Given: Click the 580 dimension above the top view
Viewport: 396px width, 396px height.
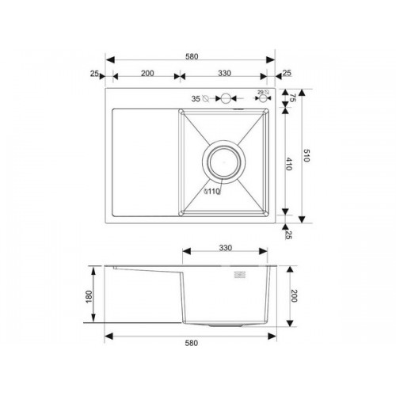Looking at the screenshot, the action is click(x=192, y=56).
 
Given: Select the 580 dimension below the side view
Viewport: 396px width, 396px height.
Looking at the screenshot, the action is click(x=192, y=343).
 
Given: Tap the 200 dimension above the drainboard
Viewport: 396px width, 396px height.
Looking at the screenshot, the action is click(x=147, y=73).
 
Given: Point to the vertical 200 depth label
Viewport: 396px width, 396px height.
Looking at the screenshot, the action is click(x=294, y=295).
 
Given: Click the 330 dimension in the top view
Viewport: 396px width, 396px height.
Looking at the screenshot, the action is click(x=224, y=73).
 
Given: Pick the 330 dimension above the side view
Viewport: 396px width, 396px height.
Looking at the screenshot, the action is click(x=226, y=248).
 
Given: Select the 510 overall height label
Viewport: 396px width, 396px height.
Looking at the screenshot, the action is click(x=307, y=155).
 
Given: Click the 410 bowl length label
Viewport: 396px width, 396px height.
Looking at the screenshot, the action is click(x=289, y=164).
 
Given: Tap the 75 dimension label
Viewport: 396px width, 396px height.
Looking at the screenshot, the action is click(x=293, y=97).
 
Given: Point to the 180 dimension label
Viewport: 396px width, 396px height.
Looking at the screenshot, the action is click(x=89, y=296).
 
